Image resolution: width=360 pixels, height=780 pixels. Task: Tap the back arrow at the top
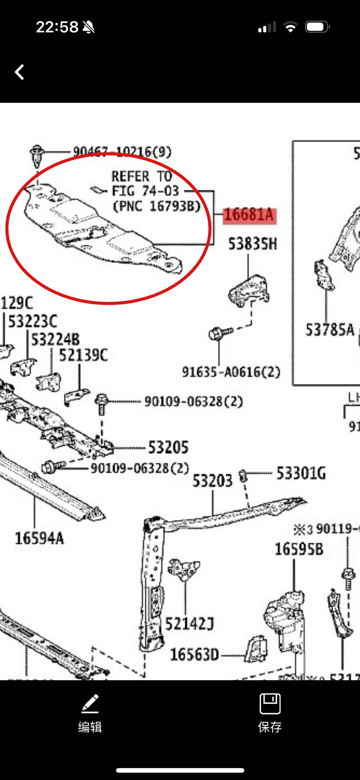pos(20,72)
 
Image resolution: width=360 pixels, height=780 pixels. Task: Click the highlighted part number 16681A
pos(249,215)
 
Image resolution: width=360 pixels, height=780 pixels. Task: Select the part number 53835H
pos(253,244)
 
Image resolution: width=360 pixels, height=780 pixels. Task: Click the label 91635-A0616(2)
pos(231,372)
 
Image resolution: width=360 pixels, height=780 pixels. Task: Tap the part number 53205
pos(168,447)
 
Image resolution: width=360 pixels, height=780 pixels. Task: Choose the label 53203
pos(212,481)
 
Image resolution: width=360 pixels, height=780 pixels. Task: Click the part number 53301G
pos(301,473)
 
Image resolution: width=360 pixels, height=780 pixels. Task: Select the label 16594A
pos(39,538)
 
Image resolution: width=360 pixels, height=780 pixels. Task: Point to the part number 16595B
pos(299,549)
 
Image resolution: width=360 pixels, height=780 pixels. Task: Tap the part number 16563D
pos(195,655)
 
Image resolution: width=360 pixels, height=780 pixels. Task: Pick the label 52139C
pos(83,356)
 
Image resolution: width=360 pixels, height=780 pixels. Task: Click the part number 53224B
pos(55,339)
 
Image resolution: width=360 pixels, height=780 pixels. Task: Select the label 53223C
pos(33,321)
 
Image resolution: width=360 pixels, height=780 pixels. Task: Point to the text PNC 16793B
pos(157,206)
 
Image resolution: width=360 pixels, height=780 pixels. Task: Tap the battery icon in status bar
pos(317,27)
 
